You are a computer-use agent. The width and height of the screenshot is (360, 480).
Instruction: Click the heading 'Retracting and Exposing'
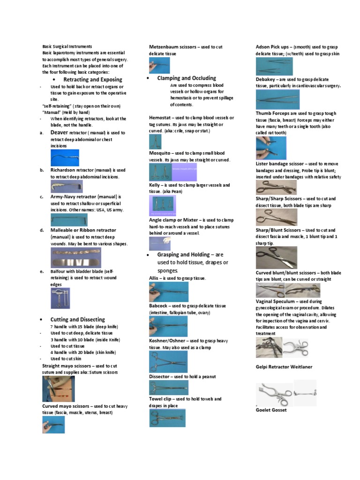coord(92,80)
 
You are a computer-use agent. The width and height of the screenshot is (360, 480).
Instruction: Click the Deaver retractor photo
coord(65,157)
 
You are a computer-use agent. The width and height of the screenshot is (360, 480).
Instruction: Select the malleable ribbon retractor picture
coord(75,258)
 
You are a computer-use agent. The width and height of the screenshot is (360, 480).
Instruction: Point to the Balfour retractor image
coord(60,298)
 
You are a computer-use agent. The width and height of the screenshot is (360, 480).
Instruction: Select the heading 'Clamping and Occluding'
coord(187,78)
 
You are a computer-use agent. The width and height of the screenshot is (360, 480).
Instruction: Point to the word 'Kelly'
coord(155,185)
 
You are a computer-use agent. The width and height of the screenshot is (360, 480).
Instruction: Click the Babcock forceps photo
coord(168,326)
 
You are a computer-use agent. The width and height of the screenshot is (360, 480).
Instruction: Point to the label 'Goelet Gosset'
coord(271,410)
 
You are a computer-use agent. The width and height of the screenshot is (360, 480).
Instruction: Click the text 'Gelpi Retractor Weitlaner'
coord(284,367)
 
